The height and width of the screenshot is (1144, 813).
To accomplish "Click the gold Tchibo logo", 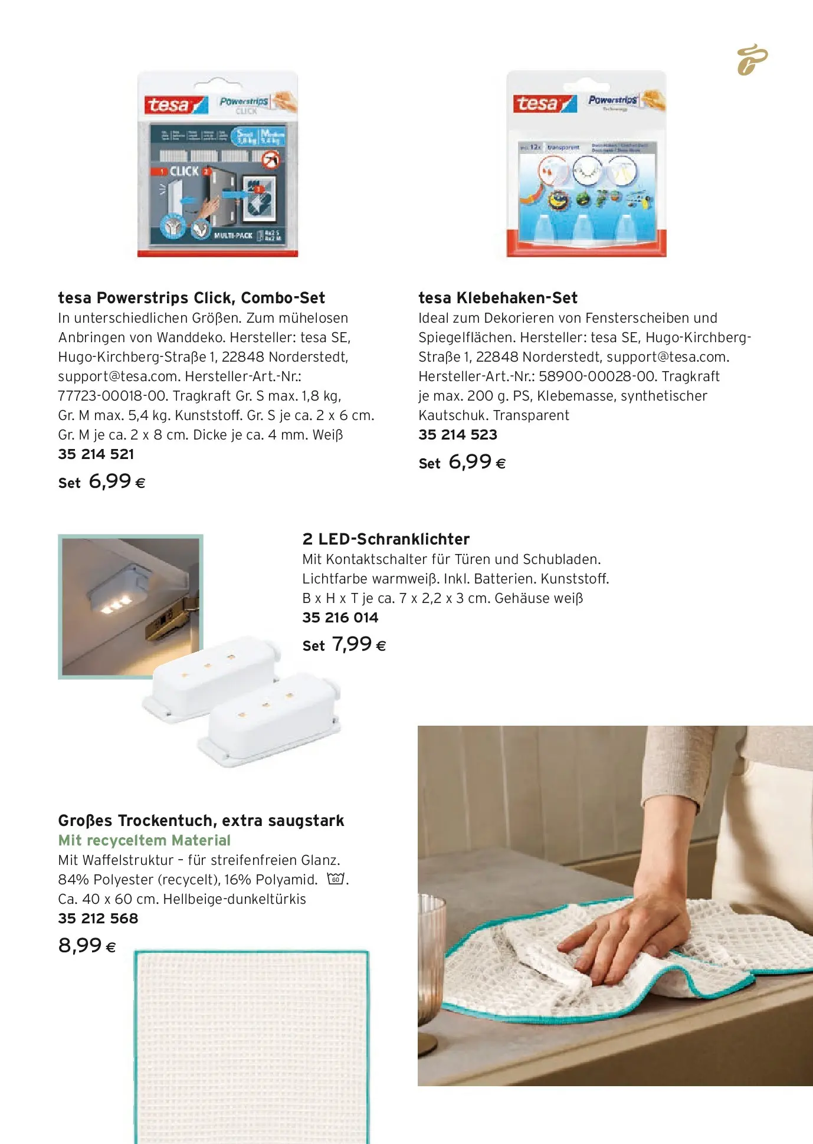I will (752, 60).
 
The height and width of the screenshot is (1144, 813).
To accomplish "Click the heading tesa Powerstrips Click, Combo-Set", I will (191, 297).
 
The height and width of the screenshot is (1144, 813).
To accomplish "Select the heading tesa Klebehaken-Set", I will (497, 297).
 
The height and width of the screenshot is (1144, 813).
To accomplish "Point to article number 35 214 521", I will (96, 454).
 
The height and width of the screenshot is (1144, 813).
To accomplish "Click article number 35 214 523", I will (457, 434).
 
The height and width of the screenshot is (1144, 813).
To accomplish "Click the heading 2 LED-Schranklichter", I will (385, 539).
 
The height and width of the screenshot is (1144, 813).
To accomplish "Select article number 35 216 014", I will (340, 617).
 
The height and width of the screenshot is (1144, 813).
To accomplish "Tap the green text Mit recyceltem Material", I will (144, 840).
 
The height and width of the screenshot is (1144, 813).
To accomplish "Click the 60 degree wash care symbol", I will (335, 879).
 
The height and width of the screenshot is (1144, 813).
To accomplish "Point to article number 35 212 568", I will (98, 918).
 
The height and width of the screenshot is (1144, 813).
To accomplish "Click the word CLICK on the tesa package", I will (184, 171).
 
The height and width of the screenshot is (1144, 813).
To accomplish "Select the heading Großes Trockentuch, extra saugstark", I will (201, 820).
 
